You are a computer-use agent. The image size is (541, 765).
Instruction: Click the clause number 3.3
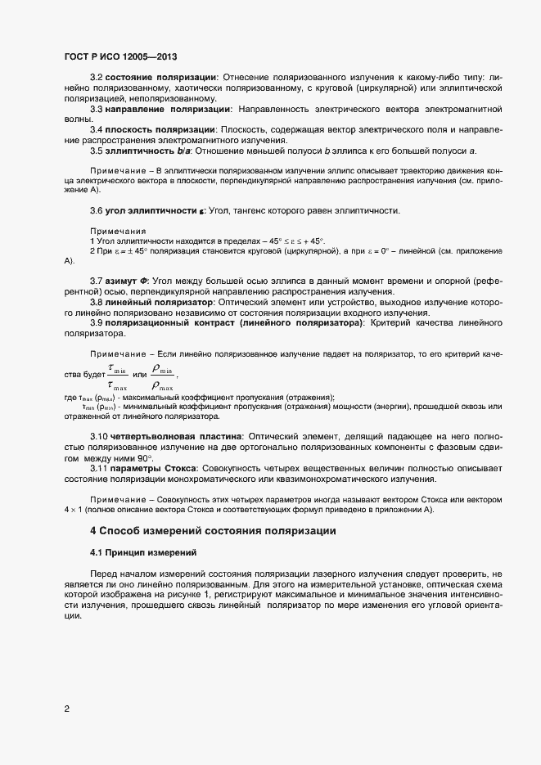click(x=96, y=108)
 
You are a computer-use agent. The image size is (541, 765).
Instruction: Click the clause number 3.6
click(x=96, y=210)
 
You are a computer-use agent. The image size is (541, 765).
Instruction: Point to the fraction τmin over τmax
click(x=118, y=377)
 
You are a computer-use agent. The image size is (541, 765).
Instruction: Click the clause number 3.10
click(x=98, y=438)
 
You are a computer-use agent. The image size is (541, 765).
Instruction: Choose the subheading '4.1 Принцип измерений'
click(x=142, y=552)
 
